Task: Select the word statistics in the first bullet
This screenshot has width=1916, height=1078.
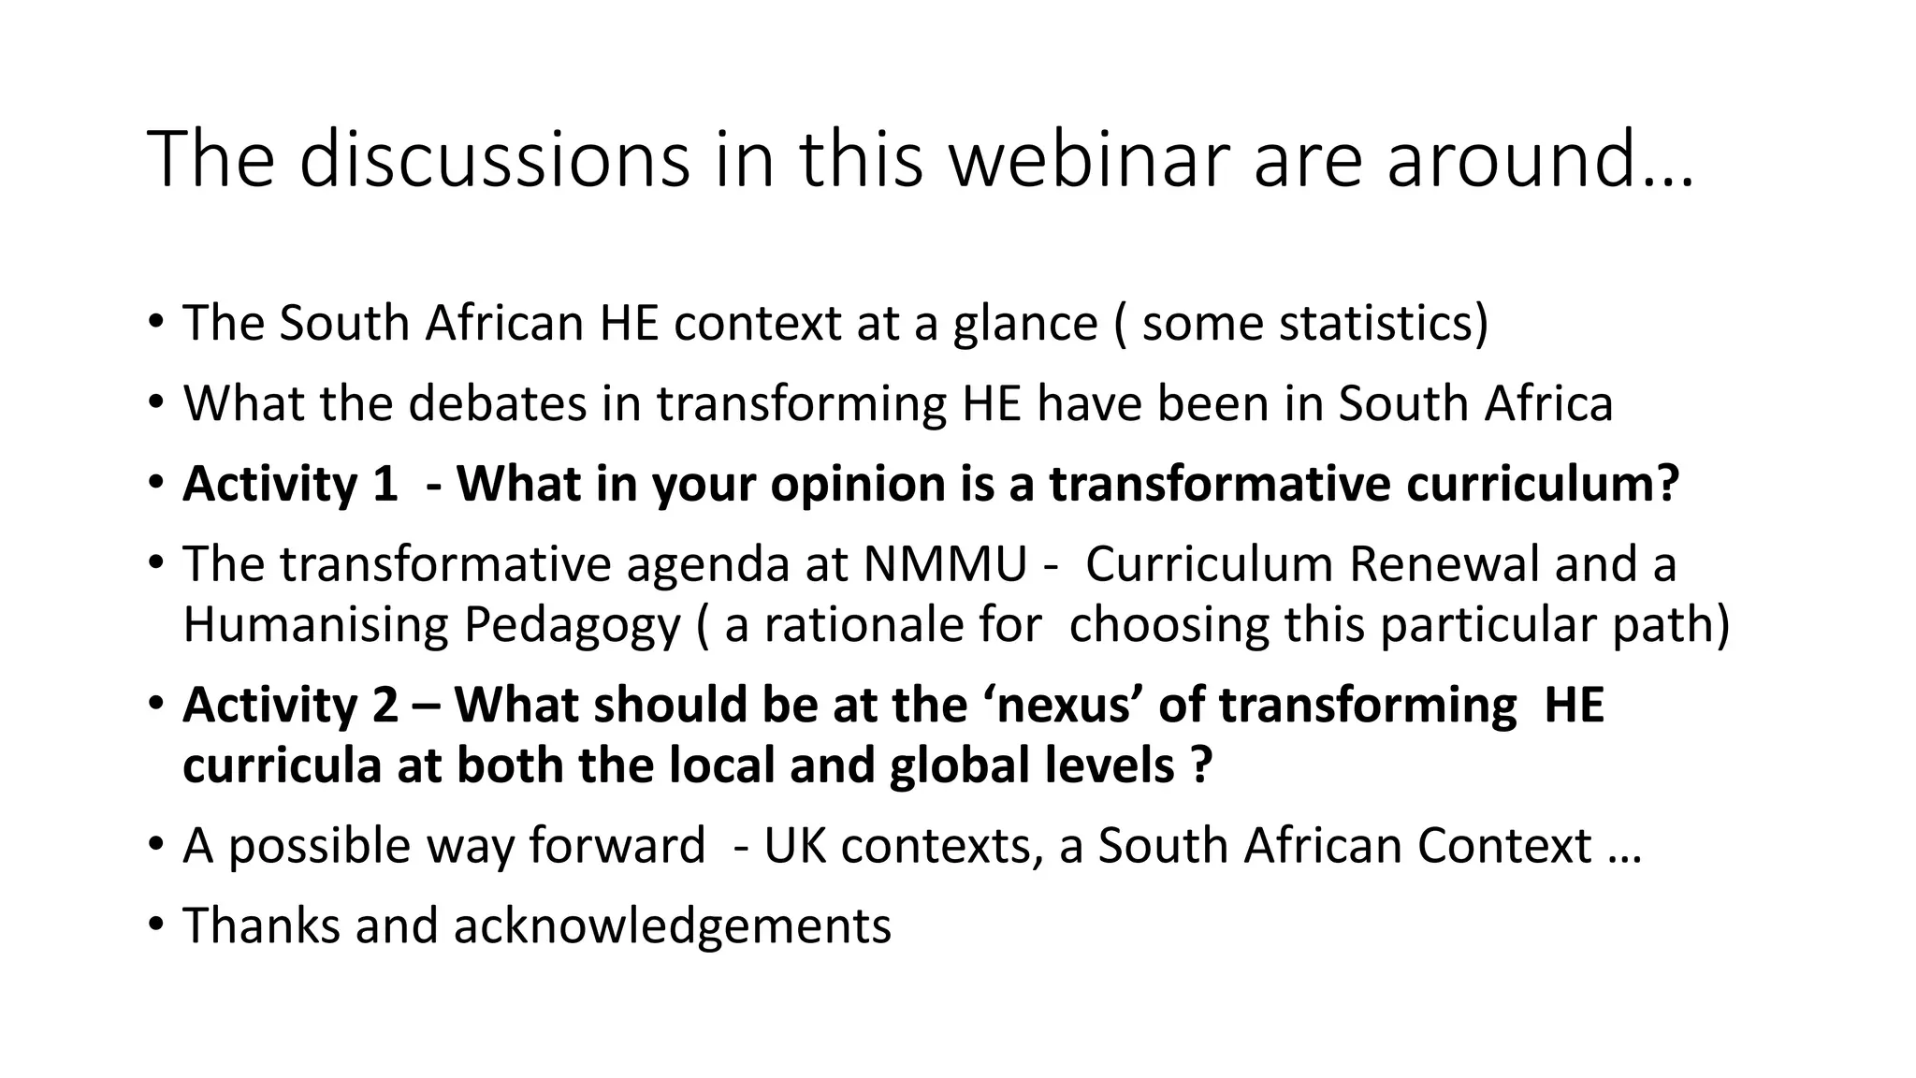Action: click(x=1373, y=323)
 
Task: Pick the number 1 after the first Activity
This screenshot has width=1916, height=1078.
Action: click(x=384, y=484)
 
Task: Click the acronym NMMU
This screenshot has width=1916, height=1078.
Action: click(x=945, y=564)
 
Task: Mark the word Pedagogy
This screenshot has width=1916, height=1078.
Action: click(x=572, y=625)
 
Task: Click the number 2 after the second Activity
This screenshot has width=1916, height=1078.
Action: click(x=385, y=705)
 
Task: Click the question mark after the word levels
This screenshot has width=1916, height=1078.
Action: click(x=1202, y=765)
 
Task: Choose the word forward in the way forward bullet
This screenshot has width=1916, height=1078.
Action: click(x=617, y=846)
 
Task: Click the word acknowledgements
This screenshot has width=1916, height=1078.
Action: click(x=672, y=926)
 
